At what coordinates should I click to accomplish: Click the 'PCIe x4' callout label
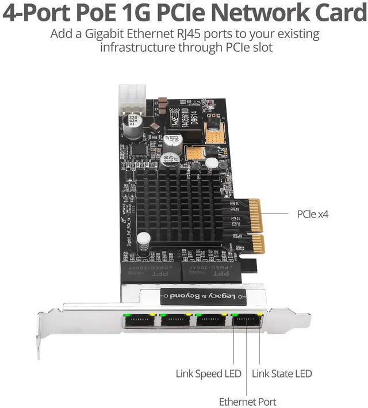tap(312, 214)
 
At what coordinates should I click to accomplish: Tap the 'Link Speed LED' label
tap(208, 373)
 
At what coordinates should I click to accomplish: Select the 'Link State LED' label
tap(282, 373)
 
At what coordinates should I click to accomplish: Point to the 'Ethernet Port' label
tap(247, 401)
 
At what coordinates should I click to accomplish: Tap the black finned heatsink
tap(184, 204)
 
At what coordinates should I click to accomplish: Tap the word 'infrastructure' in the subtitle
tap(136, 47)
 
